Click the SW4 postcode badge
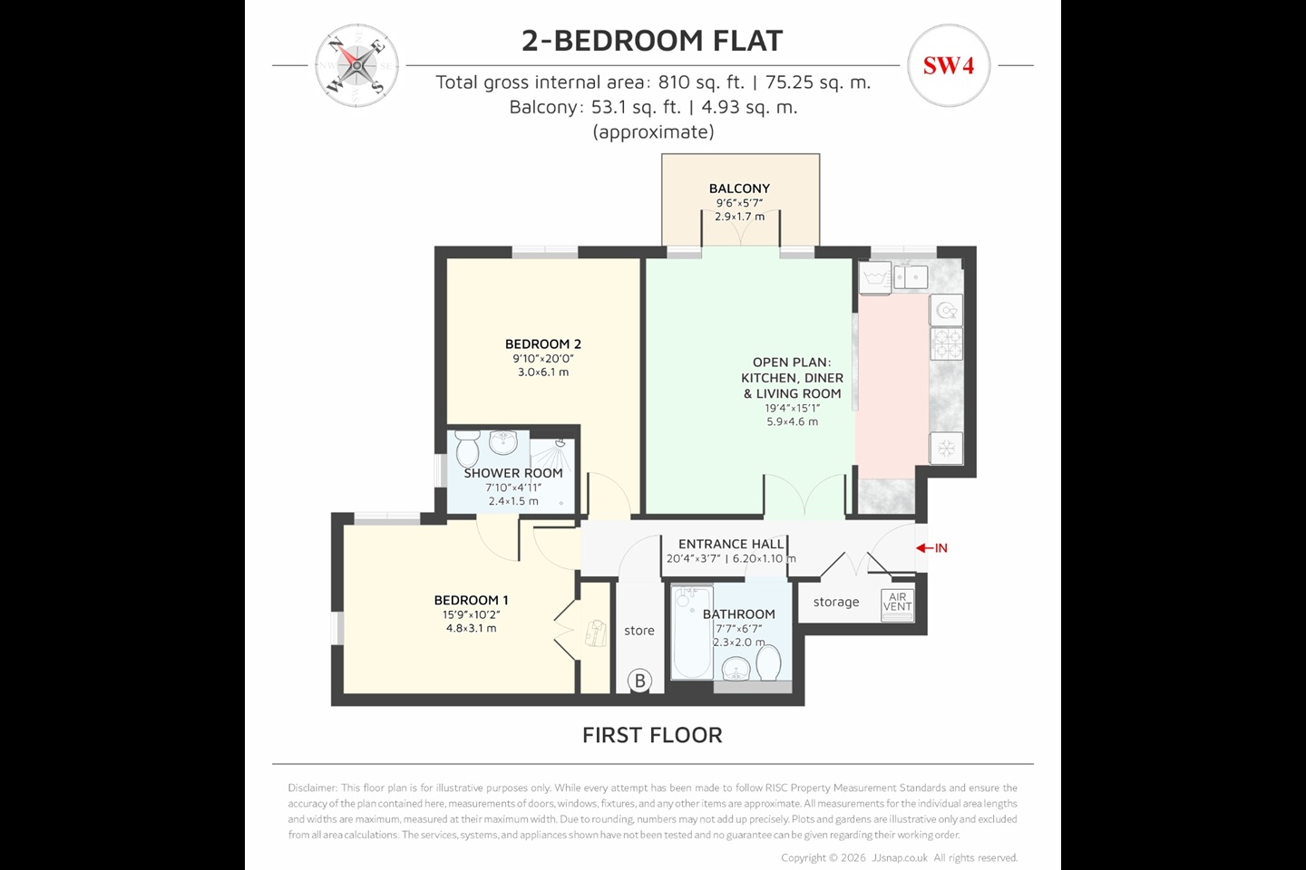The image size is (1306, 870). (x=948, y=65)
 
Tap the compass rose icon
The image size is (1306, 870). (x=357, y=65)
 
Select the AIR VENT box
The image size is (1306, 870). (x=897, y=603)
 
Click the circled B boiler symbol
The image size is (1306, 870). (x=639, y=681)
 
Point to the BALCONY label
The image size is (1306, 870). (x=739, y=188)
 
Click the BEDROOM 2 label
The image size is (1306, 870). (x=543, y=344)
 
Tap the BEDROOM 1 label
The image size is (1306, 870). (x=471, y=600)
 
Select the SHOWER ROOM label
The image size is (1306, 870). (x=513, y=473)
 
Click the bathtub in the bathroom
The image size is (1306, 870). (x=692, y=632)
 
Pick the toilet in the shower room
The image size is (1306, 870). (x=468, y=449)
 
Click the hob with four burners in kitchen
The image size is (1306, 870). (x=947, y=343)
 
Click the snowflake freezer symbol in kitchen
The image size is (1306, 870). (x=946, y=448)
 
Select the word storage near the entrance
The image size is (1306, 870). (x=835, y=602)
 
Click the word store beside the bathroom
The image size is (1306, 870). (x=639, y=631)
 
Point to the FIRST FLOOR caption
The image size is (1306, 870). (x=652, y=735)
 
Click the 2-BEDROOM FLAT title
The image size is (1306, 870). (x=651, y=41)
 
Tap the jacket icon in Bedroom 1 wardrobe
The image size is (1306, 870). (x=595, y=632)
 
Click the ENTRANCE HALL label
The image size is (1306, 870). (x=731, y=544)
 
